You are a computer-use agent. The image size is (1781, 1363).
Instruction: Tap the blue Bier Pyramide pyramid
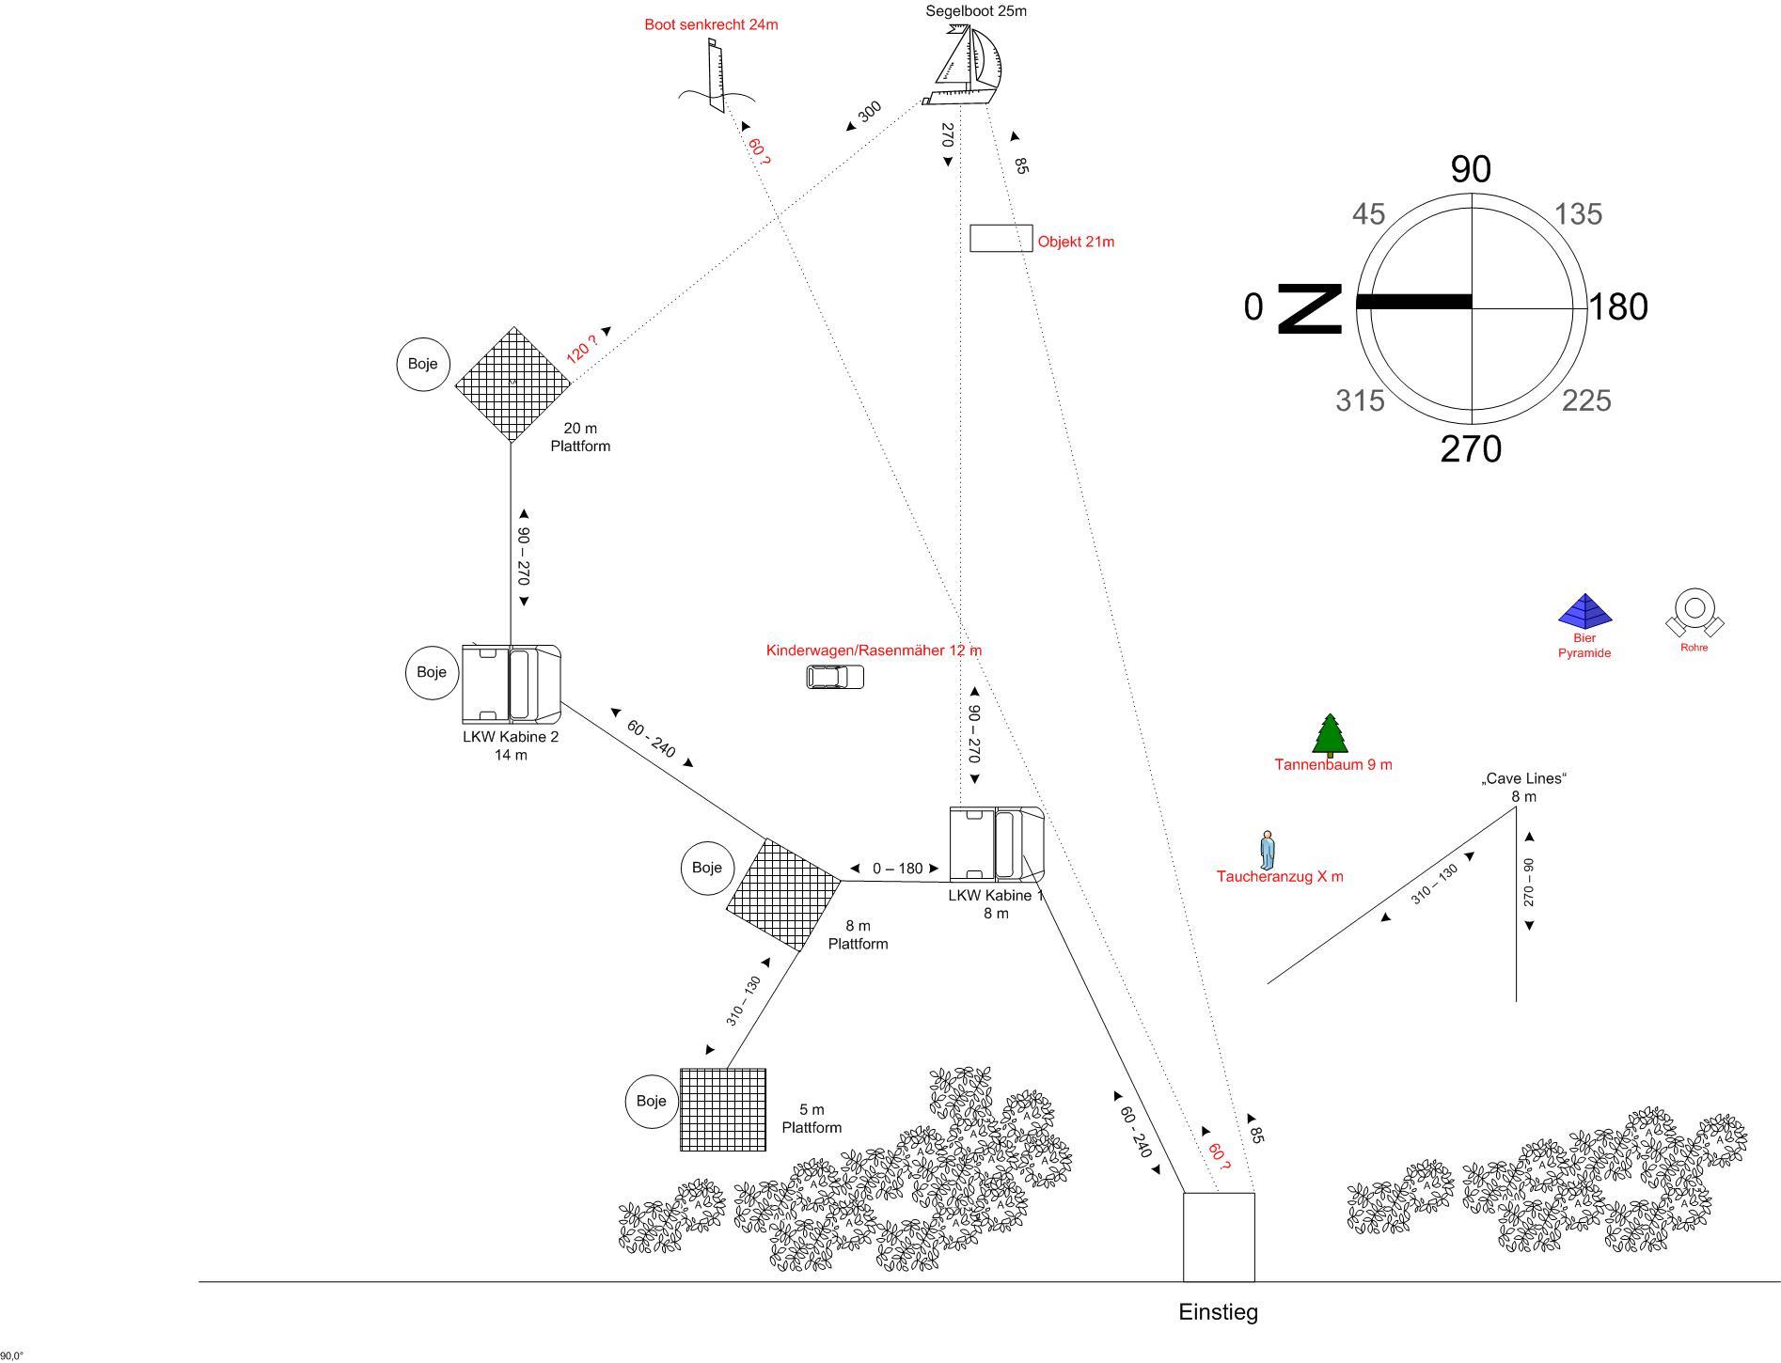click(1585, 612)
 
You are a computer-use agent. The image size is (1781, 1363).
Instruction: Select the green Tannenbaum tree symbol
click(1330, 735)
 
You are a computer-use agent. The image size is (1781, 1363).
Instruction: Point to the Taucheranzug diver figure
click(1268, 850)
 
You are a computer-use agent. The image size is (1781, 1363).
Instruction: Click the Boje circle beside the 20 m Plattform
click(423, 364)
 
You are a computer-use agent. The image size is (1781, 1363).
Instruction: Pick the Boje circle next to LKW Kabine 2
click(432, 672)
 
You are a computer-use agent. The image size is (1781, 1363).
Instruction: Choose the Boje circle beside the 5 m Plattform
click(652, 1101)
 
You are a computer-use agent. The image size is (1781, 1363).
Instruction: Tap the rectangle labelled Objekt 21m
click(1001, 239)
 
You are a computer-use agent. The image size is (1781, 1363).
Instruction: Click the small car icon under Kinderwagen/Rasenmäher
click(835, 677)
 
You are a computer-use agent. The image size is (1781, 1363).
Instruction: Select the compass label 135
click(1578, 214)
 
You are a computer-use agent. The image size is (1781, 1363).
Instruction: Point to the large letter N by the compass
click(1310, 308)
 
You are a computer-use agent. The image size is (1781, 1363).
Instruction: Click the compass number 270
click(1471, 449)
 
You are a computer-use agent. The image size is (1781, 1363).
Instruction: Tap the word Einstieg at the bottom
click(1218, 1312)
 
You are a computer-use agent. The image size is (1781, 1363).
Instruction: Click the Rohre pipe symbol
click(1694, 613)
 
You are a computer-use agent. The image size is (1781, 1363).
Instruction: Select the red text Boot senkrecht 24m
click(711, 24)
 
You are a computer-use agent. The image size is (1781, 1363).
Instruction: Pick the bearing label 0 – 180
click(897, 869)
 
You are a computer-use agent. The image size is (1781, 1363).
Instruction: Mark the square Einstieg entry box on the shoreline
click(1219, 1236)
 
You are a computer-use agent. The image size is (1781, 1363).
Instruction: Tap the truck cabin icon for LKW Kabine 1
click(996, 844)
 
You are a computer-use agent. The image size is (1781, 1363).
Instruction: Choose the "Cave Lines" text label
click(1523, 778)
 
